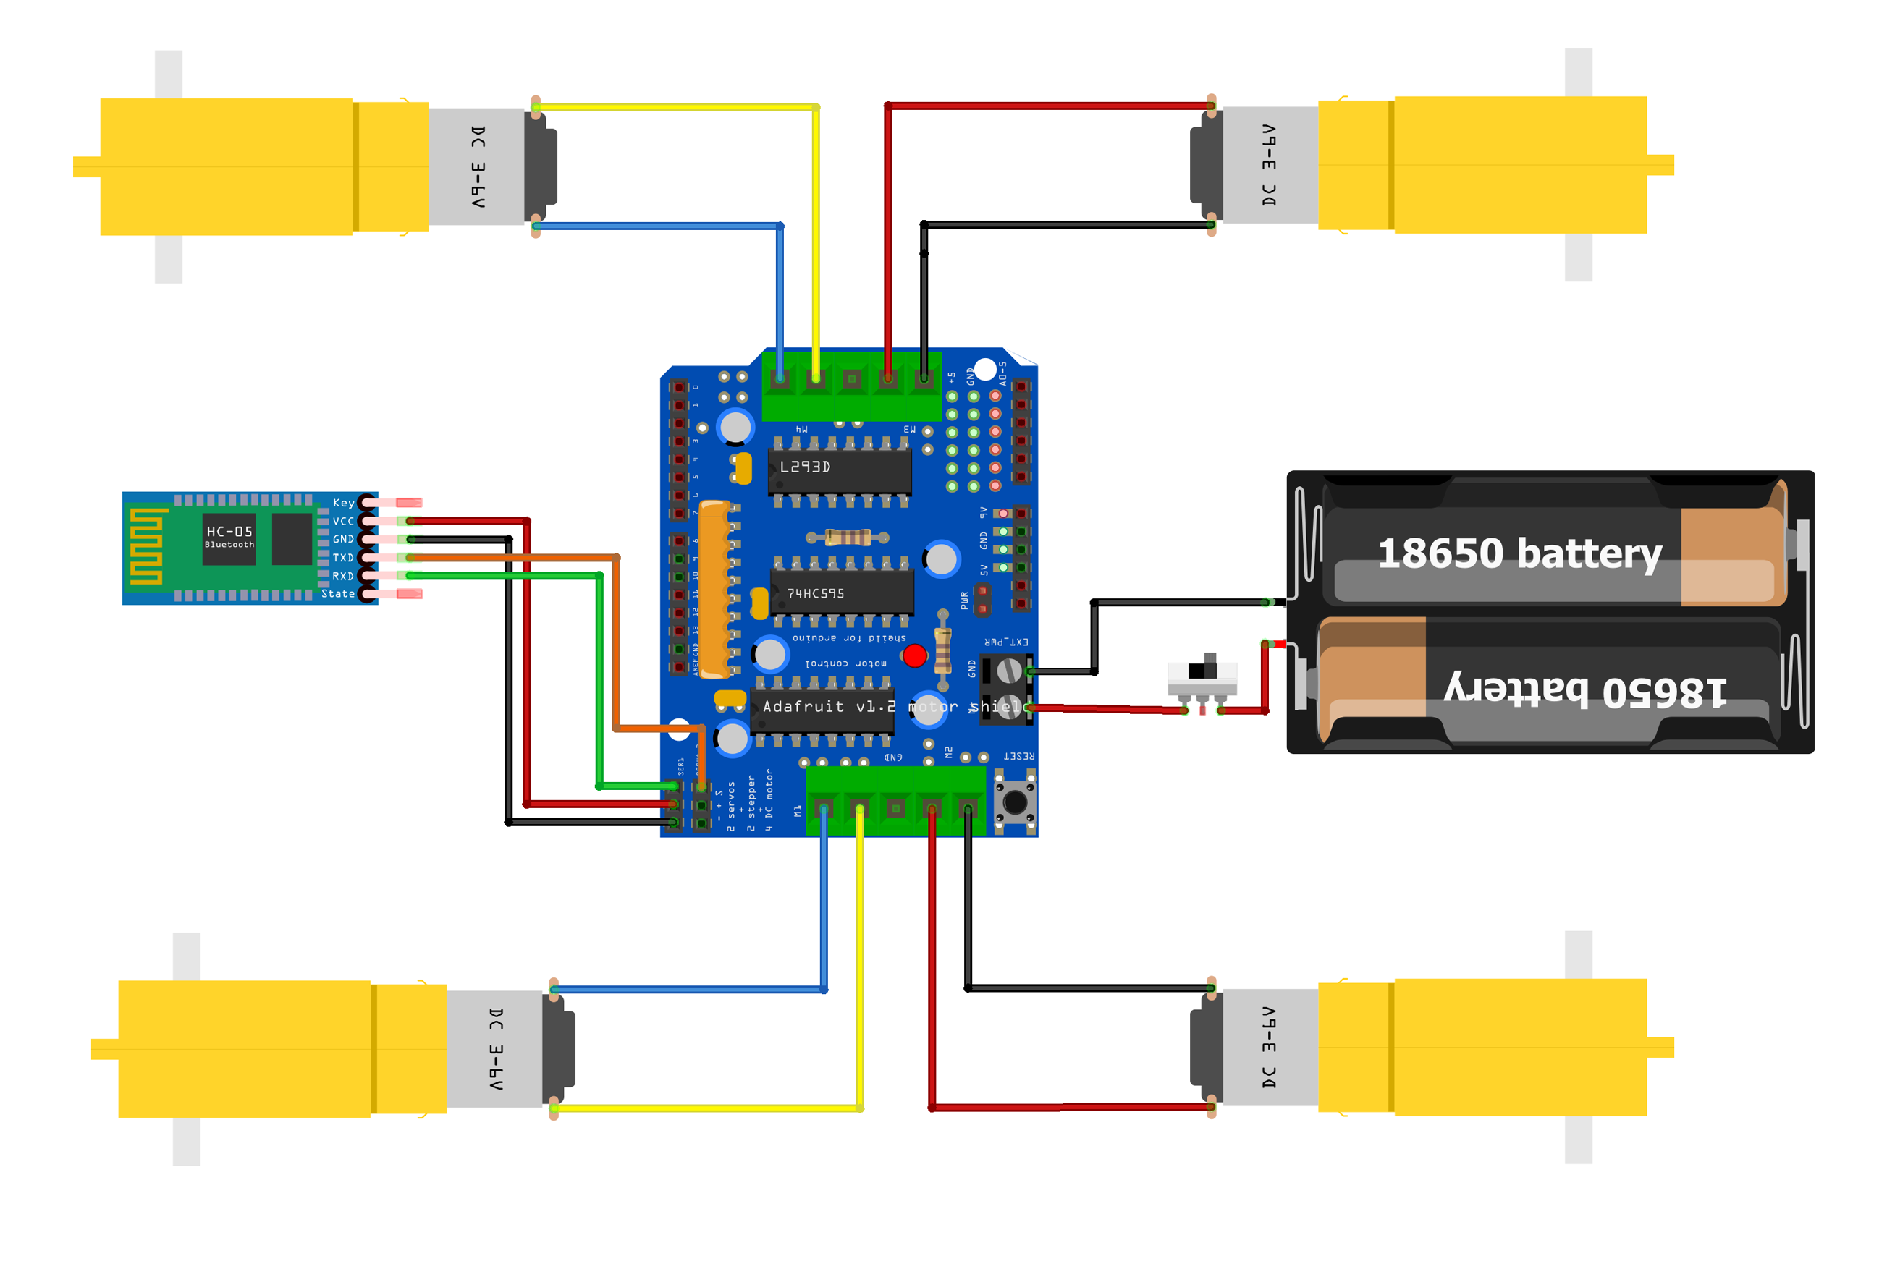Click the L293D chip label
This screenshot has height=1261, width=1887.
tap(804, 467)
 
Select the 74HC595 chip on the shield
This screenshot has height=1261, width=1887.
tap(841, 593)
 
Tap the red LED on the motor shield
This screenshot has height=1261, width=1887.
tap(914, 656)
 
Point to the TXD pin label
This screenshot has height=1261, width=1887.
tap(342, 557)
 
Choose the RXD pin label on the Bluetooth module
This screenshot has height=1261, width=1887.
tap(342, 576)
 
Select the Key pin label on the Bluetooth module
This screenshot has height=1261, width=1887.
tap(344, 503)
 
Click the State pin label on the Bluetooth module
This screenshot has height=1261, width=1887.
tap(338, 594)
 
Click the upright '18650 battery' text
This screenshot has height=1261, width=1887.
tap(1519, 554)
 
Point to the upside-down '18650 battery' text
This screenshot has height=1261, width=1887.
tap(1584, 690)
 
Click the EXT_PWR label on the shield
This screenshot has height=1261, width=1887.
tap(1006, 642)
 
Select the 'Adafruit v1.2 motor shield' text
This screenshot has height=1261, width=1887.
tap(889, 707)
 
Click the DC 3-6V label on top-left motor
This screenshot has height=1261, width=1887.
tap(478, 166)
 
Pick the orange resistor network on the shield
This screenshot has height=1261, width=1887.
tap(714, 589)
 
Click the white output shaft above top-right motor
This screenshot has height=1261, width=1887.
tap(1578, 72)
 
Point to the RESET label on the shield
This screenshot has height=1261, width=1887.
tap(1018, 756)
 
